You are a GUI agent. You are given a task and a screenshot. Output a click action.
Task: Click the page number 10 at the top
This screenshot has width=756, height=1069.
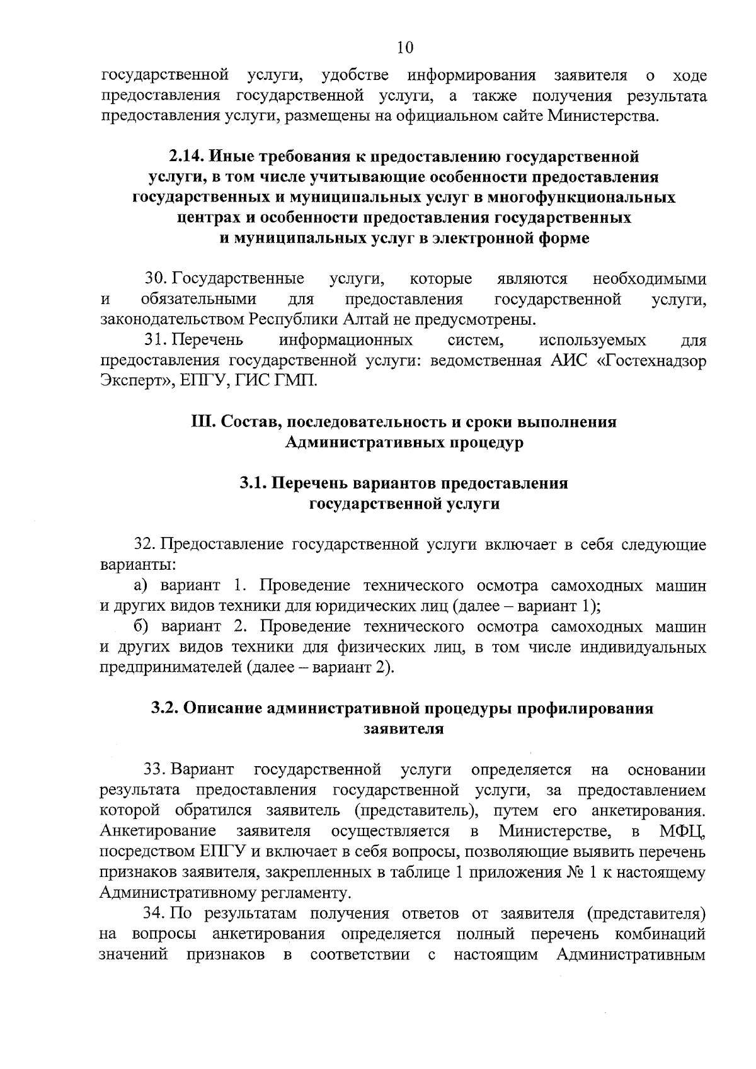pyautogui.click(x=405, y=47)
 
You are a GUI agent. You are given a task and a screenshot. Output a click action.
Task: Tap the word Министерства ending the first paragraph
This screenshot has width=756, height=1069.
pyautogui.click(x=603, y=116)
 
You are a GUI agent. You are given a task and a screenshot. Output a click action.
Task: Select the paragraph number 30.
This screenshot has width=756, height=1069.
pyautogui.click(x=156, y=278)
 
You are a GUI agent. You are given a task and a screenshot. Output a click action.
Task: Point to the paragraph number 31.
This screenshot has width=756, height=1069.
pyautogui.click(x=156, y=341)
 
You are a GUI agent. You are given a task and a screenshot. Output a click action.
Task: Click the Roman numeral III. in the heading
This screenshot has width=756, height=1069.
pyautogui.click(x=204, y=422)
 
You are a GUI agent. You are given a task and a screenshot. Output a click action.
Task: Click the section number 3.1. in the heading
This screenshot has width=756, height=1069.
pyautogui.click(x=254, y=484)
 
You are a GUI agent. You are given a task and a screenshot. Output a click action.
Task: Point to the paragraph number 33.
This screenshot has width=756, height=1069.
pyautogui.click(x=156, y=770)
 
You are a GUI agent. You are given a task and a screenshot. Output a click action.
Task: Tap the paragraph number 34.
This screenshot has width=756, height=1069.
pyautogui.click(x=155, y=913)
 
